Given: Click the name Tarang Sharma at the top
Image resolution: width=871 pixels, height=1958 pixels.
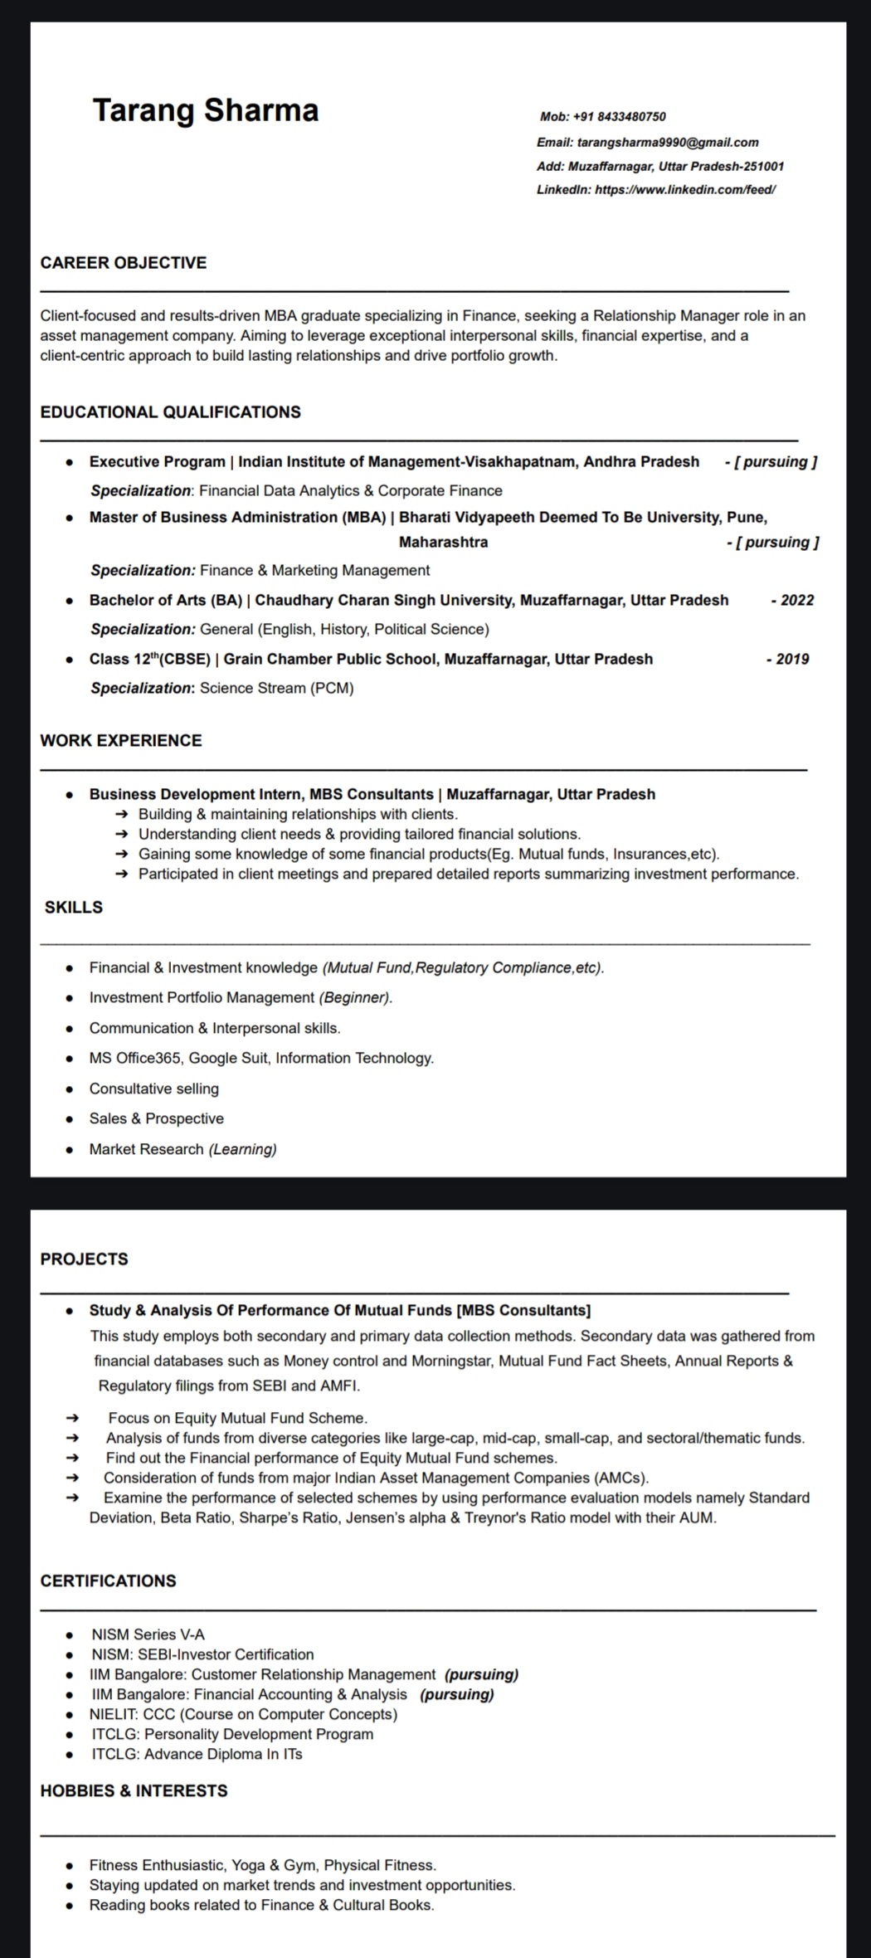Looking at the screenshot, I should click(x=205, y=110).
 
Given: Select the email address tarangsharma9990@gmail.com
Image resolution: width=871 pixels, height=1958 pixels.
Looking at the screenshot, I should click(x=668, y=143).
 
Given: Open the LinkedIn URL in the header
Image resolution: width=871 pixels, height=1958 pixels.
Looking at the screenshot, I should click(x=685, y=190).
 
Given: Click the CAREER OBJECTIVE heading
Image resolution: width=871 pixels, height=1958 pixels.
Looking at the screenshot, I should click(x=124, y=263).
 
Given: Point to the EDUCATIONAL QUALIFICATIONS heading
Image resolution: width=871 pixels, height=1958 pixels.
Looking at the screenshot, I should click(x=170, y=412).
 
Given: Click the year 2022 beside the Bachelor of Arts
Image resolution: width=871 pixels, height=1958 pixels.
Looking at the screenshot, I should click(x=796, y=601).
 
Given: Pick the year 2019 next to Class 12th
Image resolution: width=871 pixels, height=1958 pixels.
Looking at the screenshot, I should click(x=792, y=660).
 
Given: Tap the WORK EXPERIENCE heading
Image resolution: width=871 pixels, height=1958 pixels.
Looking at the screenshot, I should click(x=121, y=741).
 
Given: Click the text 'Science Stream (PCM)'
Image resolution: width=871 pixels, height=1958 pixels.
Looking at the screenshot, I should click(x=277, y=689).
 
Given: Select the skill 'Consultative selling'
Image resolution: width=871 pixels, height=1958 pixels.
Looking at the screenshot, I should click(x=154, y=1089).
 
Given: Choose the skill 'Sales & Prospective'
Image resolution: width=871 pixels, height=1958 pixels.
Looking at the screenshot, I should click(x=157, y=1119).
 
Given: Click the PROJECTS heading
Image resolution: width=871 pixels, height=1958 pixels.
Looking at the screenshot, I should click(x=85, y=1259).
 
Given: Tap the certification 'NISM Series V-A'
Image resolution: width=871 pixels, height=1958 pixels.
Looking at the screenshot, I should click(x=148, y=1634).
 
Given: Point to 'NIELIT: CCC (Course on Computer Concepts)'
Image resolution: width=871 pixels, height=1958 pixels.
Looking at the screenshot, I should click(x=244, y=1714).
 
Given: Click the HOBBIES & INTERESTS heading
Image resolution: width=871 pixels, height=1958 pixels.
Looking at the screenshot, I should click(x=134, y=1791).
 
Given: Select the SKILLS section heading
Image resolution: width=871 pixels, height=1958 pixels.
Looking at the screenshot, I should click(x=74, y=908).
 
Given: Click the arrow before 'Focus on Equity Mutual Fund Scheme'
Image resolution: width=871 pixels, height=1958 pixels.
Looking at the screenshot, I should click(x=72, y=1419).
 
